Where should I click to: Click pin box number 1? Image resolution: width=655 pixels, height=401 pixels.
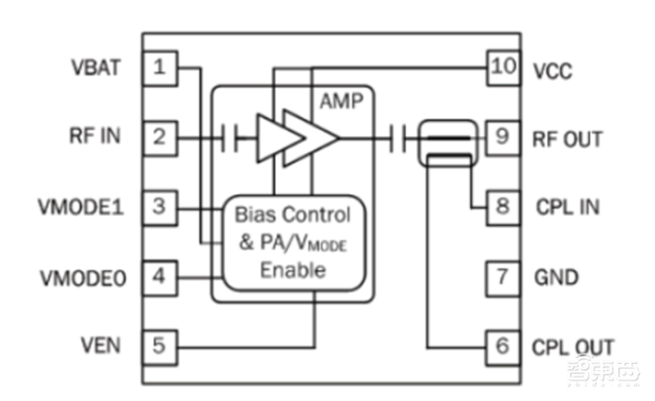(160, 68)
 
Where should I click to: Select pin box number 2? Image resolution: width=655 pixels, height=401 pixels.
(160, 137)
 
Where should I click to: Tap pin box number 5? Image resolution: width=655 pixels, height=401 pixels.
(160, 345)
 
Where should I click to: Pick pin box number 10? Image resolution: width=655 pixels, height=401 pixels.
(502, 68)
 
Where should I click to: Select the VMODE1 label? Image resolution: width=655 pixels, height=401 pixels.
(81, 206)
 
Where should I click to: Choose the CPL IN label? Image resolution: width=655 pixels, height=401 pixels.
(566, 206)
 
